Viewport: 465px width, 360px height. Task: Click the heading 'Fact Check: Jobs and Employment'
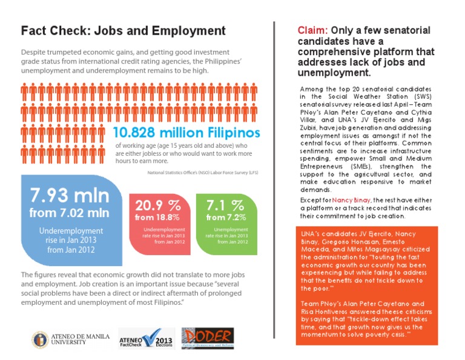pyautogui.click(x=123, y=31)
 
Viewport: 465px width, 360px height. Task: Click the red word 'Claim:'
pyautogui.click(x=313, y=30)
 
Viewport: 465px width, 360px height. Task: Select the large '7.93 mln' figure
pyautogui.click(x=70, y=196)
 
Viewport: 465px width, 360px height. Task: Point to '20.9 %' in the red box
pyautogui.click(x=158, y=205)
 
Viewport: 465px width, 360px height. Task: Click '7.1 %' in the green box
pyautogui.click(x=225, y=205)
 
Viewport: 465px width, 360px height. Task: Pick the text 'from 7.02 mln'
pyautogui.click(x=70, y=213)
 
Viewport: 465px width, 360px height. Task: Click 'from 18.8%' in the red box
pyautogui.click(x=157, y=217)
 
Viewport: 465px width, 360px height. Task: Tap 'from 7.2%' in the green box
pyautogui.click(x=226, y=217)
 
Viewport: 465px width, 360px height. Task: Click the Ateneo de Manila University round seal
pyautogui.click(x=40, y=339)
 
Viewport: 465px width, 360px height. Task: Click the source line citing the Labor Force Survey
pyautogui.click(x=203, y=172)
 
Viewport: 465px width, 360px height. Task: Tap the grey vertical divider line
pyautogui.click(x=275, y=182)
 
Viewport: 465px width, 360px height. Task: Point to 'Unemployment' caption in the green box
pyautogui.click(x=226, y=230)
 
